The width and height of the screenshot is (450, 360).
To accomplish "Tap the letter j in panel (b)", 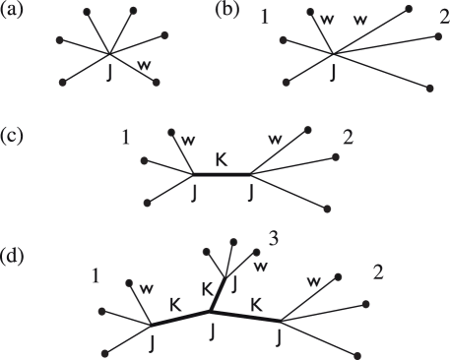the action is tap(334, 71).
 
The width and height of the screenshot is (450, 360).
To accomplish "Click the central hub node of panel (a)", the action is tap(111, 53).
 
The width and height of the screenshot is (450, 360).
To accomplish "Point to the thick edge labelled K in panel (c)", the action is tap(223, 174).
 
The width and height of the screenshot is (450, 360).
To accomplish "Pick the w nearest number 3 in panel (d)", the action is tap(260, 267).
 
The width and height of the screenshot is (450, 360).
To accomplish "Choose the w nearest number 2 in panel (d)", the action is tap(314, 282).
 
